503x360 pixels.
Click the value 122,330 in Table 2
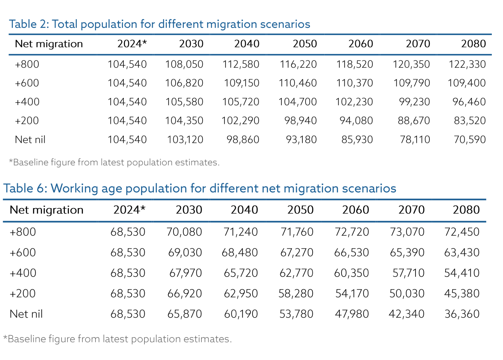pos(467,64)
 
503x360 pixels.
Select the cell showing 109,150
pos(241,83)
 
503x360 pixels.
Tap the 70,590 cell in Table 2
pos(469,140)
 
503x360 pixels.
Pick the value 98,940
pos(300,121)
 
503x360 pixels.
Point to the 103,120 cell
pos(185,140)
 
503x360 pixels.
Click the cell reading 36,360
pos(462,314)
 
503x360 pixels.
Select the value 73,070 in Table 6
pos(407,232)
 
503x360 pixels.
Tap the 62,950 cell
pos(241,294)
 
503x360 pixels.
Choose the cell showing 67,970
pos(185,273)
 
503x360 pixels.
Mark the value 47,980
pos(352,314)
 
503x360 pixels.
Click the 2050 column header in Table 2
pos(305,44)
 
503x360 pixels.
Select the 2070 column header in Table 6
pos(411,210)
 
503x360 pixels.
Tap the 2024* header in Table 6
pos(129,210)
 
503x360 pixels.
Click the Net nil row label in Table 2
pos(30,140)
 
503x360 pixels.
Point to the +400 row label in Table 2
pos(27,102)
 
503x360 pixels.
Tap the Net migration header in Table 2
pos(49,44)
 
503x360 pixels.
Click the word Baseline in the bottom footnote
pos(27,339)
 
